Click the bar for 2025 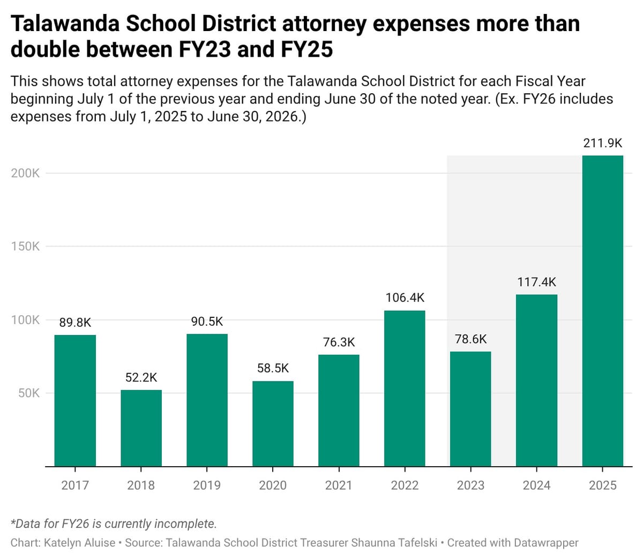click(x=602, y=311)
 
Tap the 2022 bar click(x=405, y=388)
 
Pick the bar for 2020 click(x=273, y=423)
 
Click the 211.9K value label click(x=602, y=143)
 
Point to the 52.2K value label click(x=141, y=377)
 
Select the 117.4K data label click(x=536, y=282)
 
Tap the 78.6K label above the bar click(x=470, y=339)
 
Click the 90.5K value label click(x=207, y=322)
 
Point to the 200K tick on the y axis click(x=25, y=173)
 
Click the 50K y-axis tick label click(x=28, y=393)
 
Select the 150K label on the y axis click(x=25, y=247)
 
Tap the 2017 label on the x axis click(x=75, y=486)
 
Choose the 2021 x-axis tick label click(x=339, y=486)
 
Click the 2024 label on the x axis click(x=536, y=486)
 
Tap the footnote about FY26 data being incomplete click(x=114, y=524)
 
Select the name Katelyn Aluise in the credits click(x=79, y=543)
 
